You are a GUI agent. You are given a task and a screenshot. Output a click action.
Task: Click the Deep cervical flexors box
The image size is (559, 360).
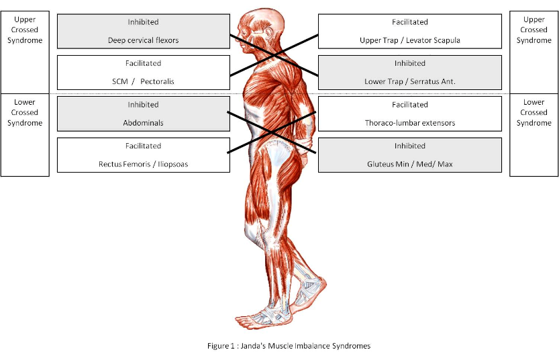coord(143,32)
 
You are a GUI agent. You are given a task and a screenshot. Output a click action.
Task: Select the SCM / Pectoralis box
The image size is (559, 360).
coord(143,73)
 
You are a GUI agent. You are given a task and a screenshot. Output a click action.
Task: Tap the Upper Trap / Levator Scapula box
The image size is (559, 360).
coord(409,32)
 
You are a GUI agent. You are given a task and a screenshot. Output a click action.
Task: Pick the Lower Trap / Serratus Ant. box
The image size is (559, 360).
coord(409,73)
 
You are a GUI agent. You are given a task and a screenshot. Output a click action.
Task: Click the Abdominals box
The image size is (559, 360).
coord(143,114)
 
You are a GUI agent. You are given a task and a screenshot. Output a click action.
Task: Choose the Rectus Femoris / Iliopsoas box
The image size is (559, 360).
coord(143,154)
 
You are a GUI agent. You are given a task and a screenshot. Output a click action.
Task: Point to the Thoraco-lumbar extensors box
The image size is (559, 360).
coord(409,114)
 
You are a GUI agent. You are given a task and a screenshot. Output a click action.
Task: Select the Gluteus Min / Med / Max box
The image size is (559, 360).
coord(409,154)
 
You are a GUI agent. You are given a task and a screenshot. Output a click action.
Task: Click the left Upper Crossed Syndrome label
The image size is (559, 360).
coord(25,30)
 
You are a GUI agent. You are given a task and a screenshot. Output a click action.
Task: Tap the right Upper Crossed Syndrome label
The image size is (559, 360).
coord(533,30)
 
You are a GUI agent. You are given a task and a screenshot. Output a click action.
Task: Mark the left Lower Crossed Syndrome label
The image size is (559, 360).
coord(25,112)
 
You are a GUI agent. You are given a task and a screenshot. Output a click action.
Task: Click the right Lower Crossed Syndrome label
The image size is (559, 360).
coord(533,112)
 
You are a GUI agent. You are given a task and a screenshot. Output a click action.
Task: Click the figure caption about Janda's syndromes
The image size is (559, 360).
coord(289,346)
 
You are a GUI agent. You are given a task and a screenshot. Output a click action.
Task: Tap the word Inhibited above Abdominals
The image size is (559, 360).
coord(143,105)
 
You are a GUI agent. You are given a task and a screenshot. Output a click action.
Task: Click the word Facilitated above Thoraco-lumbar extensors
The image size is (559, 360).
coord(409,105)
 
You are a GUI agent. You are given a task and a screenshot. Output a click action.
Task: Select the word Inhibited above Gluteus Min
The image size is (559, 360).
coord(409,146)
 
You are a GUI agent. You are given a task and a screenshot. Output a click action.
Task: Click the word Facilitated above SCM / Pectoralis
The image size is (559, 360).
coord(143,64)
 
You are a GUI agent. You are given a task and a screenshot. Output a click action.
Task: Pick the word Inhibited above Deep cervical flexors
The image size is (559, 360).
coord(143,22)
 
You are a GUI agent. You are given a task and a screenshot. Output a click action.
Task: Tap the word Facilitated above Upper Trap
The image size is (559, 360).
coord(409,22)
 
